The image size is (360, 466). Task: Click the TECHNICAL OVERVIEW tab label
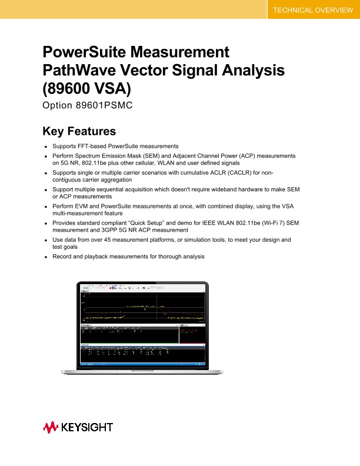click(313, 11)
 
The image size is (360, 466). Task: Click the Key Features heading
click(79, 131)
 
